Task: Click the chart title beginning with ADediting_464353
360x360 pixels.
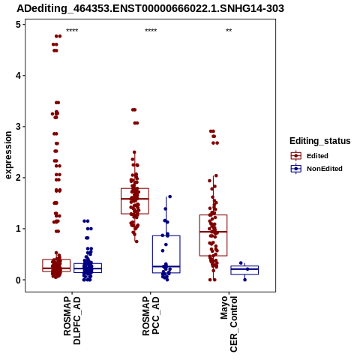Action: (150, 8)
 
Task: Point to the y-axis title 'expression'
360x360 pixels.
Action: (8, 155)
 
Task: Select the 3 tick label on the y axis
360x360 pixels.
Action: (18, 127)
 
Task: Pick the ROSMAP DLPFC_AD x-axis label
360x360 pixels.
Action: (72, 320)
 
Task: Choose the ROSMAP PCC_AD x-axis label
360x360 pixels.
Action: (151, 316)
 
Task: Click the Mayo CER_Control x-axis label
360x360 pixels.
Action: (229, 324)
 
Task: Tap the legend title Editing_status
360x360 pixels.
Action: (320, 141)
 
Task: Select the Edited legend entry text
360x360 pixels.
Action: (317, 156)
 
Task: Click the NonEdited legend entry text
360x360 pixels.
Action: (325, 169)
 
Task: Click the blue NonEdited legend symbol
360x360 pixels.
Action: (296, 169)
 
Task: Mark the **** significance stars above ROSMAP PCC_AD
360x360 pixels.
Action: (151, 31)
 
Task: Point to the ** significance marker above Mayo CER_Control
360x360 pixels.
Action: (229, 31)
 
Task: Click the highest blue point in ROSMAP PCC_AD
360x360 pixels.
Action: (169, 196)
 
